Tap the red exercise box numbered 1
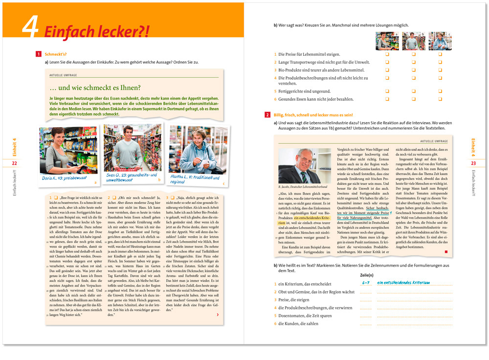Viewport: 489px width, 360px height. (39, 54)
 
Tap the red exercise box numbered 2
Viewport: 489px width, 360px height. (267, 114)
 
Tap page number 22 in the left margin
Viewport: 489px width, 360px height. (15, 163)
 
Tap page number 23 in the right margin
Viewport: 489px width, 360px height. (473, 163)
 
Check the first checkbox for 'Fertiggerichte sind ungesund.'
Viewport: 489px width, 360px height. (387, 91)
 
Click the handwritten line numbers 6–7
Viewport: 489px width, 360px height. (366, 282)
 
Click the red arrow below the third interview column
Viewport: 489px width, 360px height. (217, 315)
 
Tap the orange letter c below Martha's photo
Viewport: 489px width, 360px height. (223, 184)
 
